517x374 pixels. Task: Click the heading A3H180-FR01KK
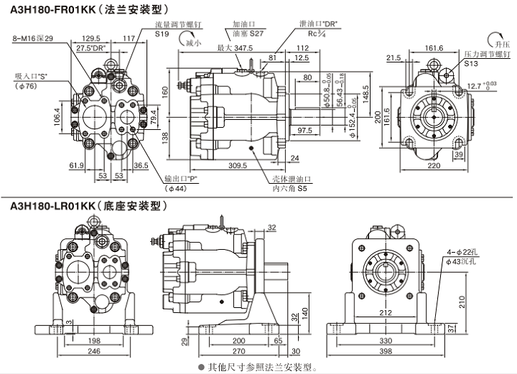point(52,10)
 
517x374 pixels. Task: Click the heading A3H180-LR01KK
point(52,206)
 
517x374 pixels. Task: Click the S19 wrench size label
point(162,34)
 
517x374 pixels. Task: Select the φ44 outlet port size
point(175,188)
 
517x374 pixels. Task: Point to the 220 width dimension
point(432,165)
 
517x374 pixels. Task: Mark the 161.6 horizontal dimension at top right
point(430,47)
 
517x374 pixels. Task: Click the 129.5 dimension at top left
point(90,38)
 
